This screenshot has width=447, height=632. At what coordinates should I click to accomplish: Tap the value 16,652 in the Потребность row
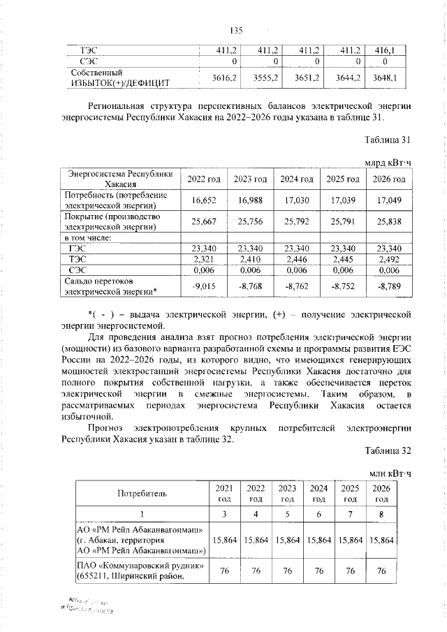coord(202,200)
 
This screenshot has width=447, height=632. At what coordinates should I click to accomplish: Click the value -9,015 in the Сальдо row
coord(202,286)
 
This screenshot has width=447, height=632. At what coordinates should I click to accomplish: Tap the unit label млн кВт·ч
coord(390,473)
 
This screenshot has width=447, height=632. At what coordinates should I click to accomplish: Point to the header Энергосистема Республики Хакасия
coord(118,179)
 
